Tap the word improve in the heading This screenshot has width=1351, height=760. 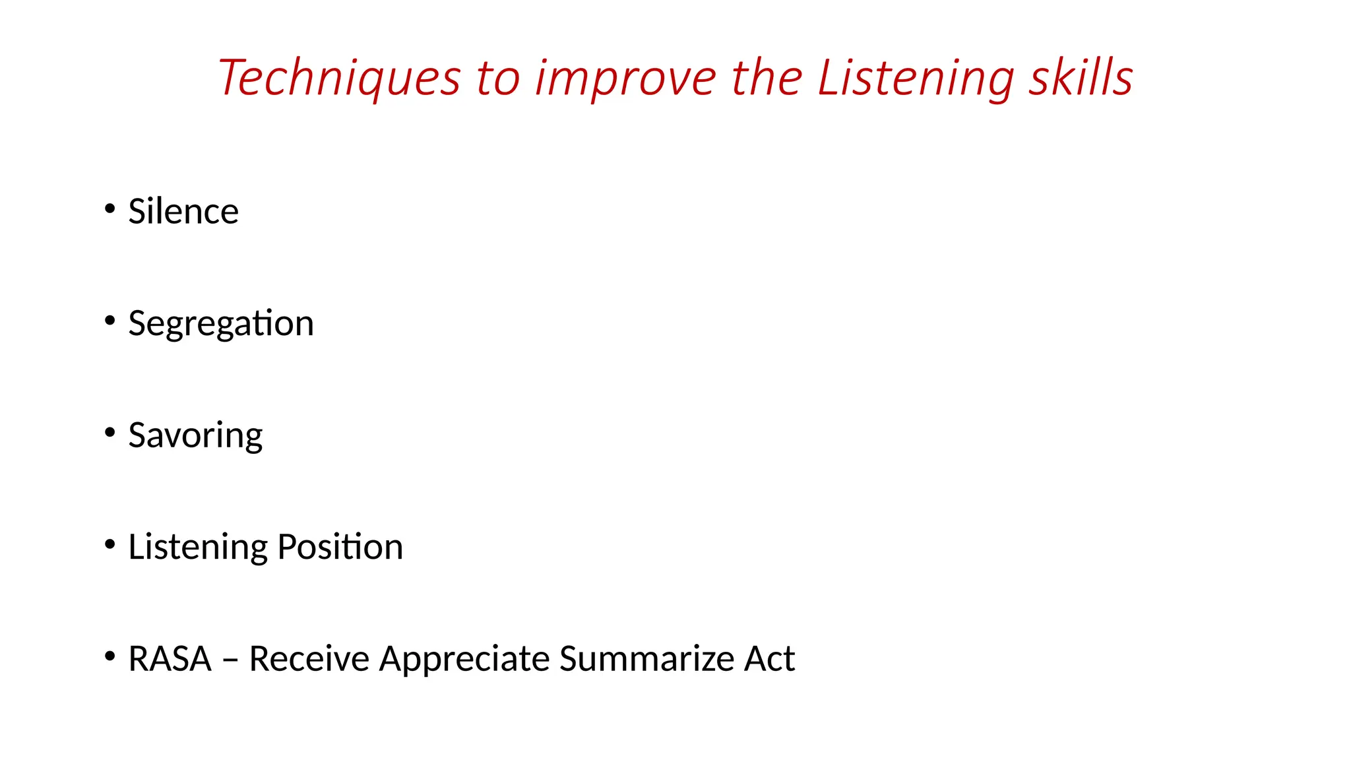tap(625, 79)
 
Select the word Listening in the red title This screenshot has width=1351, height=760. tap(916, 79)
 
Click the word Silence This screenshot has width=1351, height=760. tap(183, 211)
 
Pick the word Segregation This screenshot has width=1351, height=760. tap(221, 323)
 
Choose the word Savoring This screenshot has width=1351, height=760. tap(195, 435)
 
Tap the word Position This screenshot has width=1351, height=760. tap(340, 547)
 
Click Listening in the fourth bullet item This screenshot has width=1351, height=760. tap(198, 547)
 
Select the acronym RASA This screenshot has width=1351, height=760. tap(170, 658)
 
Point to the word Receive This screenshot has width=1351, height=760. tap(309, 658)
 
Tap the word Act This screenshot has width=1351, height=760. tap(769, 658)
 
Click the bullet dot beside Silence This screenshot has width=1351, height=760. tap(110, 209)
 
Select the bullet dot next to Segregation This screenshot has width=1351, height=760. tap(110, 321)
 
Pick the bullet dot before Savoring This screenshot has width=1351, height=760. tap(110, 433)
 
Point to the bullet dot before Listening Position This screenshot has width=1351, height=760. tap(110, 545)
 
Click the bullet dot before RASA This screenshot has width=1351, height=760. tap(110, 656)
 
